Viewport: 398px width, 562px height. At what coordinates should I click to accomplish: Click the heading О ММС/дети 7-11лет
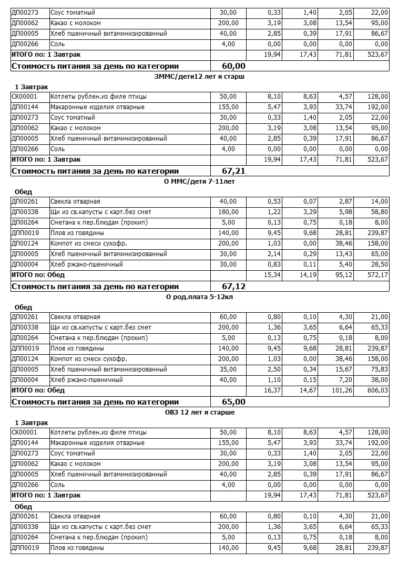tap(200, 182)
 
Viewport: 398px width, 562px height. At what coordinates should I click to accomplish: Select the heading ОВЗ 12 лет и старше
tap(200, 412)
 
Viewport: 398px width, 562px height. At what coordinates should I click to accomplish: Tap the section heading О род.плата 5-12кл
tap(200, 297)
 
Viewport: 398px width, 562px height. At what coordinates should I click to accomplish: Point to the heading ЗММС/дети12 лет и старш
tap(200, 77)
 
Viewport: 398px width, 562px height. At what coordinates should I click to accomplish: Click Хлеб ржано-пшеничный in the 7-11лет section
tap(87, 264)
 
